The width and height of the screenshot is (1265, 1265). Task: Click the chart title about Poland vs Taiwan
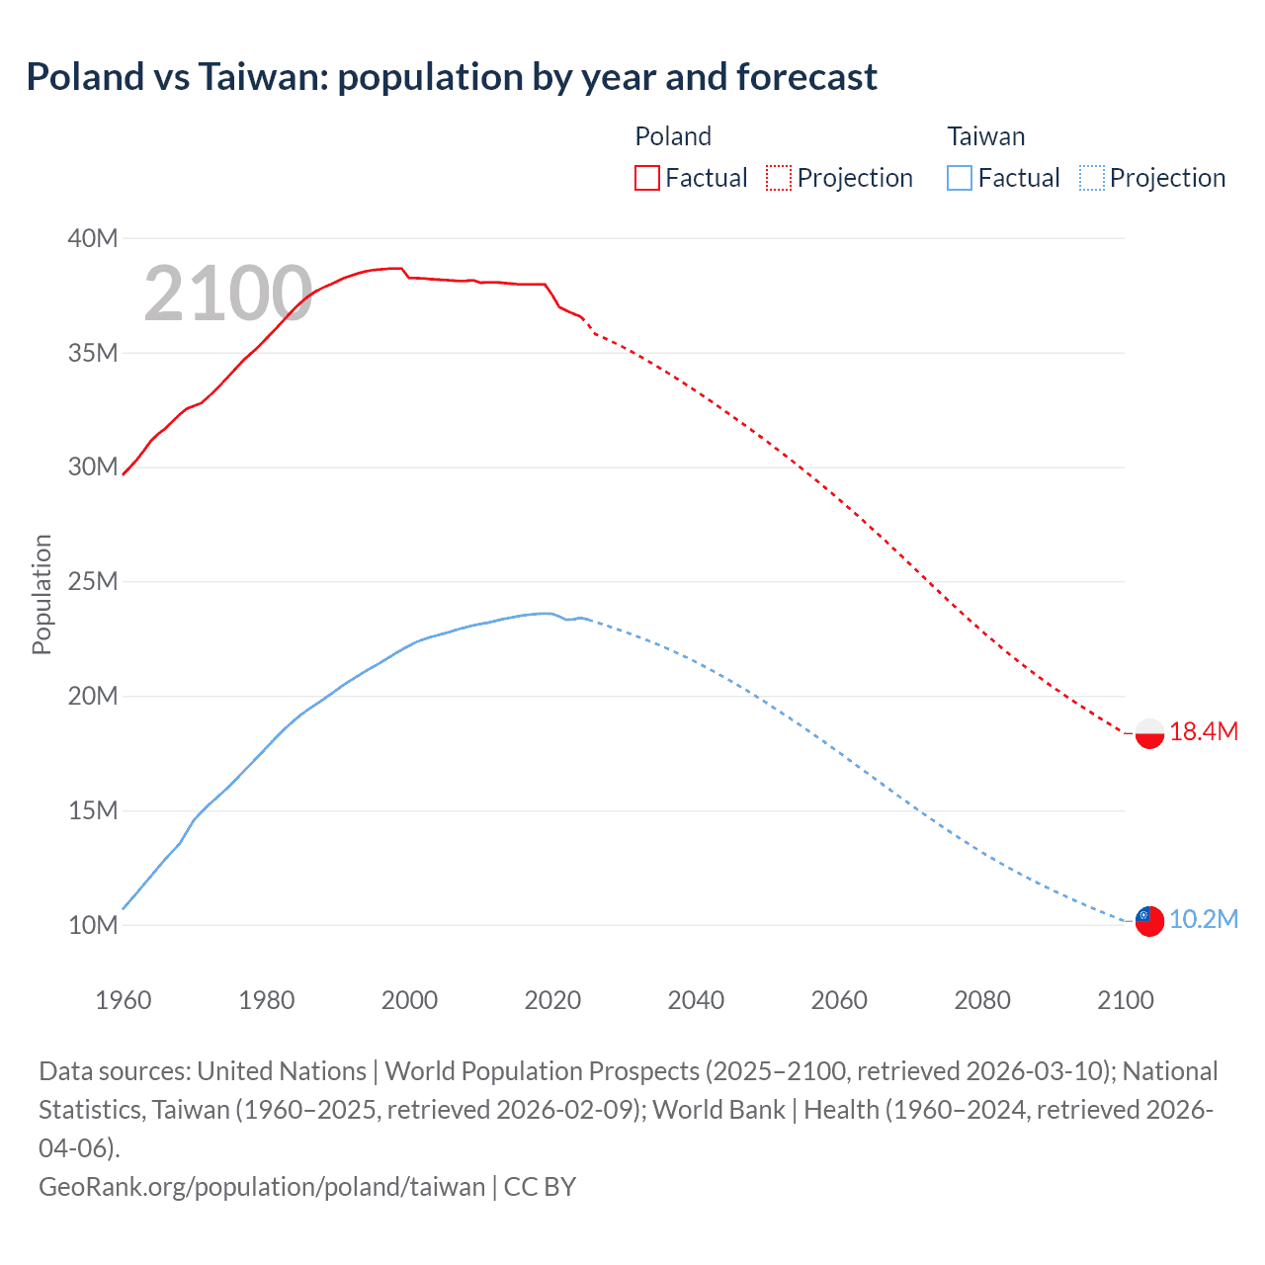coord(452,77)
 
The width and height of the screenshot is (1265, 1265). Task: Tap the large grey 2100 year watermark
coord(228,294)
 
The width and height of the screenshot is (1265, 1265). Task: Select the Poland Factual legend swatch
coord(647,178)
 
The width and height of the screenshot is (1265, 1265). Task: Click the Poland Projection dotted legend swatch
coord(779,178)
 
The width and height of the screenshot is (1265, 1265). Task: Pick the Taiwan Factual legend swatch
coord(960,178)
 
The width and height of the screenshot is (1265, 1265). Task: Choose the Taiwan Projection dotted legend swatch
coord(1091,178)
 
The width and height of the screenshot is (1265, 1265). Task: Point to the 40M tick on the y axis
coord(93,238)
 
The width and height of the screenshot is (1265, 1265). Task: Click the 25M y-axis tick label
coord(93,581)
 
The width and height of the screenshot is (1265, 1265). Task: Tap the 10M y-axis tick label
coord(93,925)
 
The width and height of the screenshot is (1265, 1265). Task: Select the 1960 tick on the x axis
coord(124,1000)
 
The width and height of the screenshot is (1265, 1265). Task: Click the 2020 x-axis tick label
coord(552,1000)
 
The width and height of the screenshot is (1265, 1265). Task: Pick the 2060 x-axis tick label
coord(839,1000)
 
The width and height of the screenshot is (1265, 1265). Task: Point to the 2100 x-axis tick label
coord(1126,1000)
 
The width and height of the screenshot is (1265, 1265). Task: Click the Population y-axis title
coord(42,594)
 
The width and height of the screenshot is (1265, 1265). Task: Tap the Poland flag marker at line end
coord(1149,733)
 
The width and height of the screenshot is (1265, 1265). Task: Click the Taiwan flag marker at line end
coord(1149,920)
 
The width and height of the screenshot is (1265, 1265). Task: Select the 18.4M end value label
coord(1204,732)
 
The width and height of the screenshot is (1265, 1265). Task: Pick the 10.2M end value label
coord(1204,919)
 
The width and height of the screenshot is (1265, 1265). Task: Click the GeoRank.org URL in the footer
coord(262,1187)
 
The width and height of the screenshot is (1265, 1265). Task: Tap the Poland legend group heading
coord(673,136)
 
